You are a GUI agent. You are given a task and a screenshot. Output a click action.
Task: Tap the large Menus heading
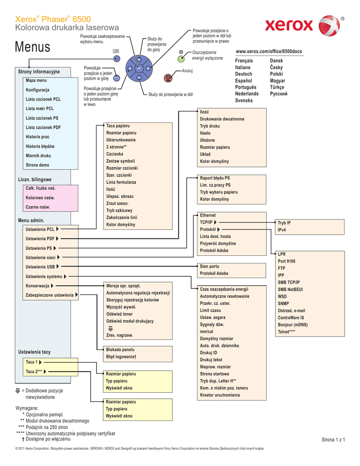(33, 46)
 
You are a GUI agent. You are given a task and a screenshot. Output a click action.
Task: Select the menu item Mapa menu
(36, 80)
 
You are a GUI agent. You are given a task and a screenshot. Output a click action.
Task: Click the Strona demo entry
(37, 165)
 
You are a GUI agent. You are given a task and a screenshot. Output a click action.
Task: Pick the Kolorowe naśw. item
(40, 198)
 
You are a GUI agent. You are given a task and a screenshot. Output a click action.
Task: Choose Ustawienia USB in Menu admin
(40, 267)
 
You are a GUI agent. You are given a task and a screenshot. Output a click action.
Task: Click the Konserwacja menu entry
(37, 286)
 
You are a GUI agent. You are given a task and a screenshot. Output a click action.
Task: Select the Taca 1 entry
(32, 362)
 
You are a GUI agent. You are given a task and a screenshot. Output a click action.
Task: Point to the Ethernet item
(208, 215)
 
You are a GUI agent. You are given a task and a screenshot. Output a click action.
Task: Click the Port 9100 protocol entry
(286, 261)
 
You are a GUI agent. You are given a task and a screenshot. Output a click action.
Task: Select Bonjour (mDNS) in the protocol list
(293, 324)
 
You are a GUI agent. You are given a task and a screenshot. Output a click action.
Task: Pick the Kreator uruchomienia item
(220, 395)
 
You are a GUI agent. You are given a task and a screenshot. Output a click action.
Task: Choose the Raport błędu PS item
(215, 178)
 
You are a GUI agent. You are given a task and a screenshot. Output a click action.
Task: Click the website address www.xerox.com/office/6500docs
(269, 51)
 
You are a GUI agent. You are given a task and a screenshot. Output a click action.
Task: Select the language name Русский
(279, 94)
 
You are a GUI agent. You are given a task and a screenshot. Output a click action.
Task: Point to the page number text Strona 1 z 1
(333, 440)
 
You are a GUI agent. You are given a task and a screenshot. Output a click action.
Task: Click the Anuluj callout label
(188, 71)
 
